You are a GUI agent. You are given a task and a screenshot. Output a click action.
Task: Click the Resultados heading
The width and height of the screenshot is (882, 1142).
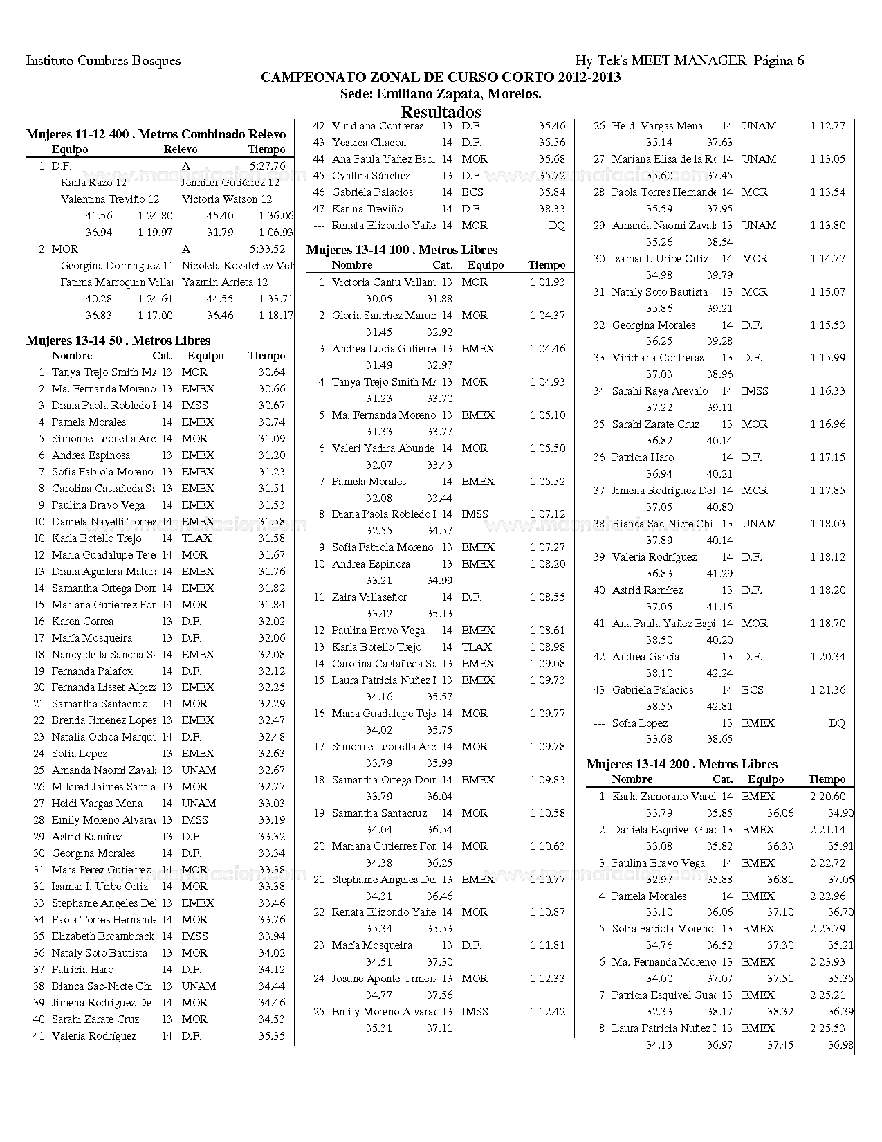pos(441,111)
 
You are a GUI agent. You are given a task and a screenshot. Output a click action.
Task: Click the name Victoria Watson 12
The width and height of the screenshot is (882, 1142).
pos(227,199)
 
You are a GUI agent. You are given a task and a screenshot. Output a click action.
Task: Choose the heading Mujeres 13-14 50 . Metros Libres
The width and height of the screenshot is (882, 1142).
pos(118,341)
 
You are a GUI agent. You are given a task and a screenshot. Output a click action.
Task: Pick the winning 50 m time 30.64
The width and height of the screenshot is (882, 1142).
pos(272,372)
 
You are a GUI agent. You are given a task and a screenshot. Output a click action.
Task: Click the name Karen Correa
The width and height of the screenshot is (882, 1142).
pos(82,622)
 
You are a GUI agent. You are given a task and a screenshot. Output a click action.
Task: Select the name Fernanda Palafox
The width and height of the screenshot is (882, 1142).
pos(92,671)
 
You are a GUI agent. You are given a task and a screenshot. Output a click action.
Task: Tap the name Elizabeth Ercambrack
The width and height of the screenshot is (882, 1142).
pos(103,936)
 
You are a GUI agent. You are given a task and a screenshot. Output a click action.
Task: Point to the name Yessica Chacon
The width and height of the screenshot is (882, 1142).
pos(369,143)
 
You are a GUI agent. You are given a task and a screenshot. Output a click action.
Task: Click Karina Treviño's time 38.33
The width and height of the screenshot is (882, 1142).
pos(551,209)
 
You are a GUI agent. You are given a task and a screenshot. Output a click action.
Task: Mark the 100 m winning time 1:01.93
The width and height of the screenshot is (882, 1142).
pos(547,282)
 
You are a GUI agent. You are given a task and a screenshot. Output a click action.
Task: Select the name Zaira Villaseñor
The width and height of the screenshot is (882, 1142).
pos(369,597)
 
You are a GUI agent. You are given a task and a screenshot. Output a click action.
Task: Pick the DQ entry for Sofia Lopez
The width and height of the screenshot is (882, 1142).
pos(836,723)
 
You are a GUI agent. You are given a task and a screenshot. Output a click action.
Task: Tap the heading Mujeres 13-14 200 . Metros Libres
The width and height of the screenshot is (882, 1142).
pos(681,764)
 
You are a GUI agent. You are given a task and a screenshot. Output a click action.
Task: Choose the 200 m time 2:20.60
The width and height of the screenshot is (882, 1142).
pos(827,797)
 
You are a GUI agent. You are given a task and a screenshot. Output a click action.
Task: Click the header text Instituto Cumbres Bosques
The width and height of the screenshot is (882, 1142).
pos(103,60)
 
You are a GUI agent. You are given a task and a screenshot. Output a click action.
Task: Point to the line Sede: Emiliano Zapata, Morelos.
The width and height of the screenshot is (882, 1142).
pos(441,94)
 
